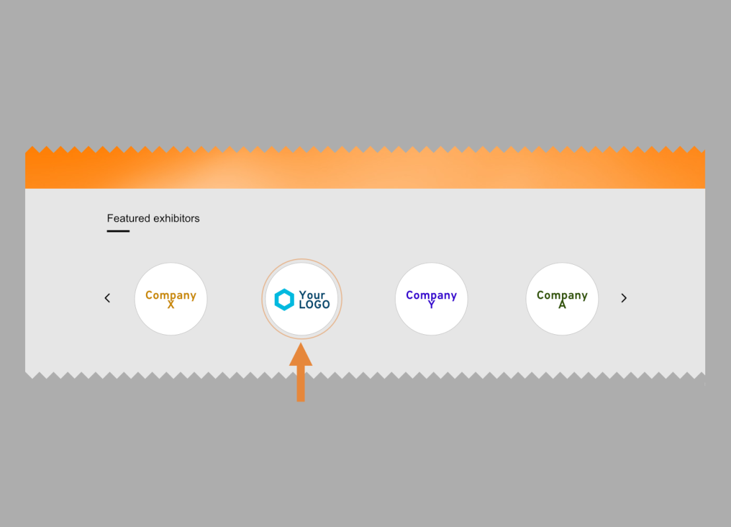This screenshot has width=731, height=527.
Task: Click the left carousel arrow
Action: click(108, 299)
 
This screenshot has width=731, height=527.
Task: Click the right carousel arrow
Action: click(624, 299)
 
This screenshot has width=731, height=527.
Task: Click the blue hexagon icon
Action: click(284, 300)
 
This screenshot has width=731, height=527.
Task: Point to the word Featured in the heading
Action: click(128, 219)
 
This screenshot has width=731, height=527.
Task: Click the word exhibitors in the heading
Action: click(176, 219)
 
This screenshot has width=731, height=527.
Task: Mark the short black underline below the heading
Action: click(118, 231)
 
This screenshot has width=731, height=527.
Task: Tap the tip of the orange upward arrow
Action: click(300, 345)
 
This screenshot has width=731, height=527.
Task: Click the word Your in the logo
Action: click(312, 295)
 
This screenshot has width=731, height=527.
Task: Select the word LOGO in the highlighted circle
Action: click(314, 305)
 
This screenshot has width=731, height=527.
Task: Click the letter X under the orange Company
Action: click(171, 305)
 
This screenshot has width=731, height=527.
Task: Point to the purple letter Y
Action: click(431, 305)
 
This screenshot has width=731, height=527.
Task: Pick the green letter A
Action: click(562, 305)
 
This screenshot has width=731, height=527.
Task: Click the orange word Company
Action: click(171, 295)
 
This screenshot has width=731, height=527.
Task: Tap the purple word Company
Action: click(431, 295)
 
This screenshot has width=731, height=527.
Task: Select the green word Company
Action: click(562, 295)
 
